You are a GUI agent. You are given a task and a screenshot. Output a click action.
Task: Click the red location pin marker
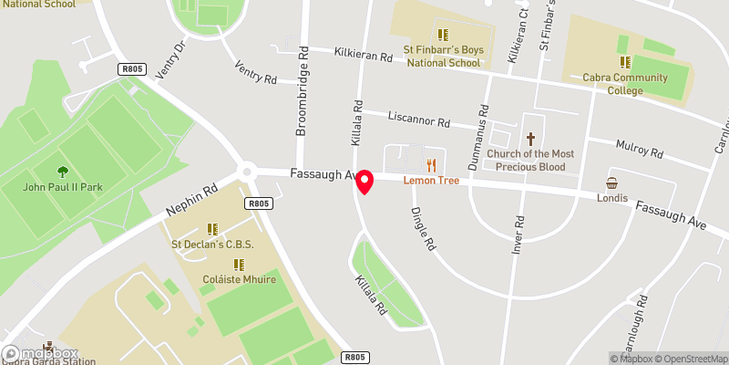[x=365, y=182]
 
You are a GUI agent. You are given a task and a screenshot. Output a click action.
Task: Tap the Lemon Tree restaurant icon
[x=431, y=165]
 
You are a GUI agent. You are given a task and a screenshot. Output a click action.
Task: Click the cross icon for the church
[x=530, y=139]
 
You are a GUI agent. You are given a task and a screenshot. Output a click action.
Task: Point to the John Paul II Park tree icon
[x=62, y=172]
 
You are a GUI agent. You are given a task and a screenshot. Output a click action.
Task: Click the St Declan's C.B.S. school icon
[x=212, y=229]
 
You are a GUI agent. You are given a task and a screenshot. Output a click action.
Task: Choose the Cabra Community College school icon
[x=625, y=62]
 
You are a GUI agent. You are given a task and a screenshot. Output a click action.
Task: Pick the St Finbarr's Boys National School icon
[x=442, y=35]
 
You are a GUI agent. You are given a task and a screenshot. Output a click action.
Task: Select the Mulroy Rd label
[x=639, y=151]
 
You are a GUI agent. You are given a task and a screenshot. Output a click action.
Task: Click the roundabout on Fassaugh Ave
[x=246, y=171]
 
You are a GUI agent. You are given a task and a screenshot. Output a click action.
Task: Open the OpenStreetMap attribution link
[x=690, y=358]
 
